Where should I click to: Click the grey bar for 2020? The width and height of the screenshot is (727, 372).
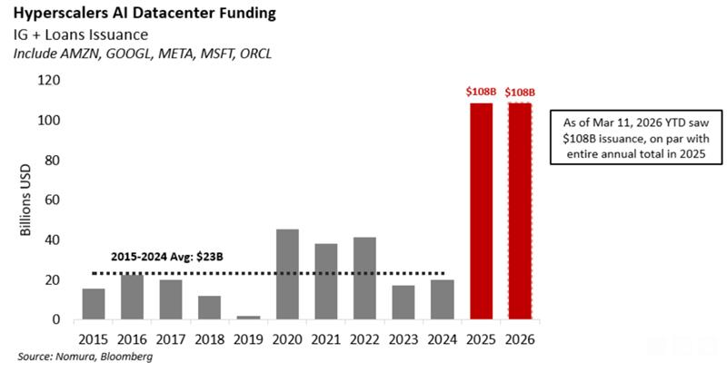point(287,274)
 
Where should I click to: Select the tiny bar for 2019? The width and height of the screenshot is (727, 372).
point(248,318)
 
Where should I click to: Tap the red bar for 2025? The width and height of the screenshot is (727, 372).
point(481,210)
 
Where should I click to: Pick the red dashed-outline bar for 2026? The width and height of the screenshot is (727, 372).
point(520,210)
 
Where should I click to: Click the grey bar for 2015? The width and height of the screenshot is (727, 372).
point(93,304)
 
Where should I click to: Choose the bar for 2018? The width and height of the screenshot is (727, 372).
point(210,308)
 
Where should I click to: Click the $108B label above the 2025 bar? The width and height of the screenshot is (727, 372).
point(481,92)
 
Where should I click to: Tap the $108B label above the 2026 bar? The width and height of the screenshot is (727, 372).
point(520,92)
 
